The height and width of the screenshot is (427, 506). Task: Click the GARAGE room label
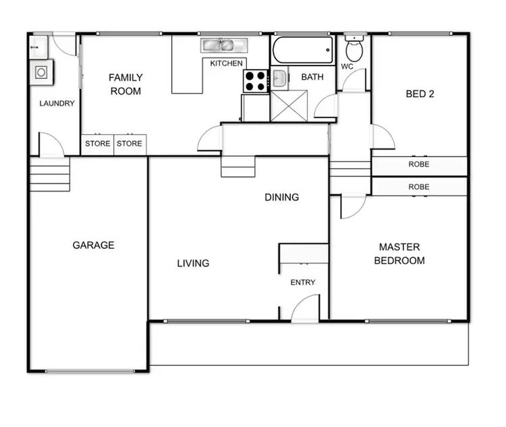point(93,246)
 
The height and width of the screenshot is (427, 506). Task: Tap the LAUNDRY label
point(57,104)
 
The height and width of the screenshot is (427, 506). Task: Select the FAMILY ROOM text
point(125,84)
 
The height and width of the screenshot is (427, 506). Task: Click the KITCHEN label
point(226,63)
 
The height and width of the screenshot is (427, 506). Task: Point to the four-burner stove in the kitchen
point(256,81)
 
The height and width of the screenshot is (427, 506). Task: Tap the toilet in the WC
point(354,49)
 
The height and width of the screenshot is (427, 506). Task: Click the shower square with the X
point(289,106)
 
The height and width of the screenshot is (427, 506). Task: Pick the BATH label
point(312,78)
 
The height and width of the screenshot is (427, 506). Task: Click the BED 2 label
point(419,94)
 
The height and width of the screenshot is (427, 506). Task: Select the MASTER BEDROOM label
point(399,254)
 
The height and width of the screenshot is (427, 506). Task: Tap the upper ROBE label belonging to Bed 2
point(418,165)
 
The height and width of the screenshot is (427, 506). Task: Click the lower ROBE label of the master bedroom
point(418,187)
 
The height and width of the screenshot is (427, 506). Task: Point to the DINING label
point(281,198)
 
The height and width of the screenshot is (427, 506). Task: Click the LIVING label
point(193,263)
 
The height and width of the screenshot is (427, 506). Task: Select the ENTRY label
point(302,283)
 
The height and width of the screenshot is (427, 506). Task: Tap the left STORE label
point(97,144)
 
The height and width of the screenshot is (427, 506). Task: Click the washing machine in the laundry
point(41,72)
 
